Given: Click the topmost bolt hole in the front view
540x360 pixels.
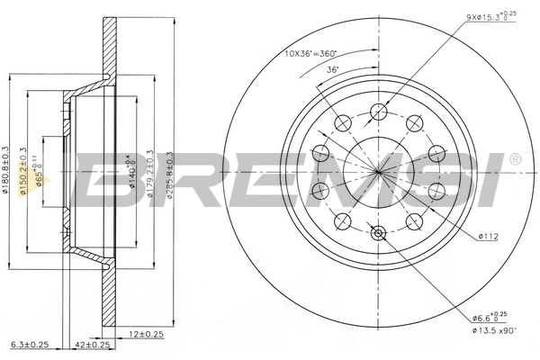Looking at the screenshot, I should coord(379,112).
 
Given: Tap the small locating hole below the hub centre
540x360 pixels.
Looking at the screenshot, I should coord(378,234).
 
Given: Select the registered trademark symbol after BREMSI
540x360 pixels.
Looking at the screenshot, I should coord(514,160).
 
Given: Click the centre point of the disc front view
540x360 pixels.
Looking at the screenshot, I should coord(378,172).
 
